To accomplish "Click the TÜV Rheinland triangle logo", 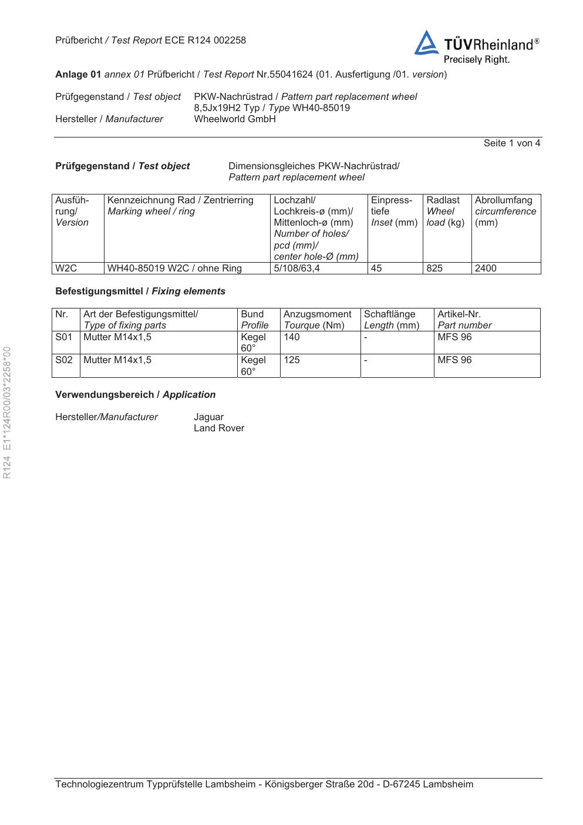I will pyautogui.click(x=426, y=43).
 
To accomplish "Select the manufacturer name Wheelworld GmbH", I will pyautogui.click(x=234, y=119).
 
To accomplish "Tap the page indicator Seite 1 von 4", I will pyautogui.click(x=511, y=143).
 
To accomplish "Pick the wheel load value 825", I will pyautogui.click(x=434, y=269).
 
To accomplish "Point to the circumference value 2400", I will pyautogui.click(x=486, y=269).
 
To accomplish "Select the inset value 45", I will pyautogui.click(x=376, y=269).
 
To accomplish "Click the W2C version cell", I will pyautogui.click(x=66, y=269).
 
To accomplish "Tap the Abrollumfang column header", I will pyautogui.click(x=504, y=200).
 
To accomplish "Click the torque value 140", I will pyautogui.click(x=291, y=337).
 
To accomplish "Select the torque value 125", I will pyautogui.click(x=291, y=360).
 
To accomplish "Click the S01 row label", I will pyautogui.click(x=63, y=337).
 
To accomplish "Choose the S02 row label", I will pyautogui.click(x=63, y=360).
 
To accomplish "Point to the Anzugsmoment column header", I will pyautogui.click(x=317, y=314).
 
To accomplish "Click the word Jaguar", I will pyautogui.click(x=208, y=417).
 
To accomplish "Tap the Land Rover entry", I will pyautogui.click(x=219, y=428).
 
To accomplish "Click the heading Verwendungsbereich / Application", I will pyautogui.click(x=135, y=395).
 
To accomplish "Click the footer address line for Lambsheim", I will pyautogui.click(x=264, y=784).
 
